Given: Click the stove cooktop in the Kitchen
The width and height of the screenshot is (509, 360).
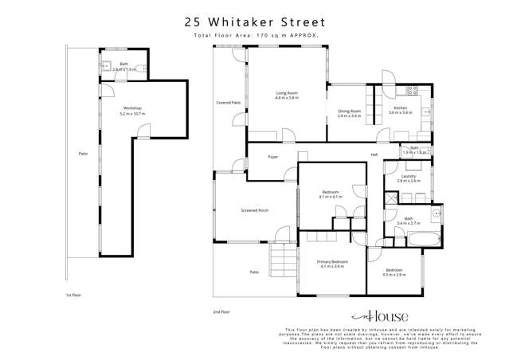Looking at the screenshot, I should coord(413,89).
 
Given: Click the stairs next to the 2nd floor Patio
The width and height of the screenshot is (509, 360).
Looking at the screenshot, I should coord(282,259).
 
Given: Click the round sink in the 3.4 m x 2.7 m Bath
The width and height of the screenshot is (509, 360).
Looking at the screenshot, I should coord(437,213).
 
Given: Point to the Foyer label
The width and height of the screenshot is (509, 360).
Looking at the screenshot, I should coord(272,157).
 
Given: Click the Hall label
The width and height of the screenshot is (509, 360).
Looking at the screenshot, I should coord(374,155).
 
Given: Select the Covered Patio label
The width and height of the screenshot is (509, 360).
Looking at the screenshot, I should coord(229,103).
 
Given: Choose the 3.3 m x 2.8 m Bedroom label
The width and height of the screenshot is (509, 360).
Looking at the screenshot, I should coord(393,271).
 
